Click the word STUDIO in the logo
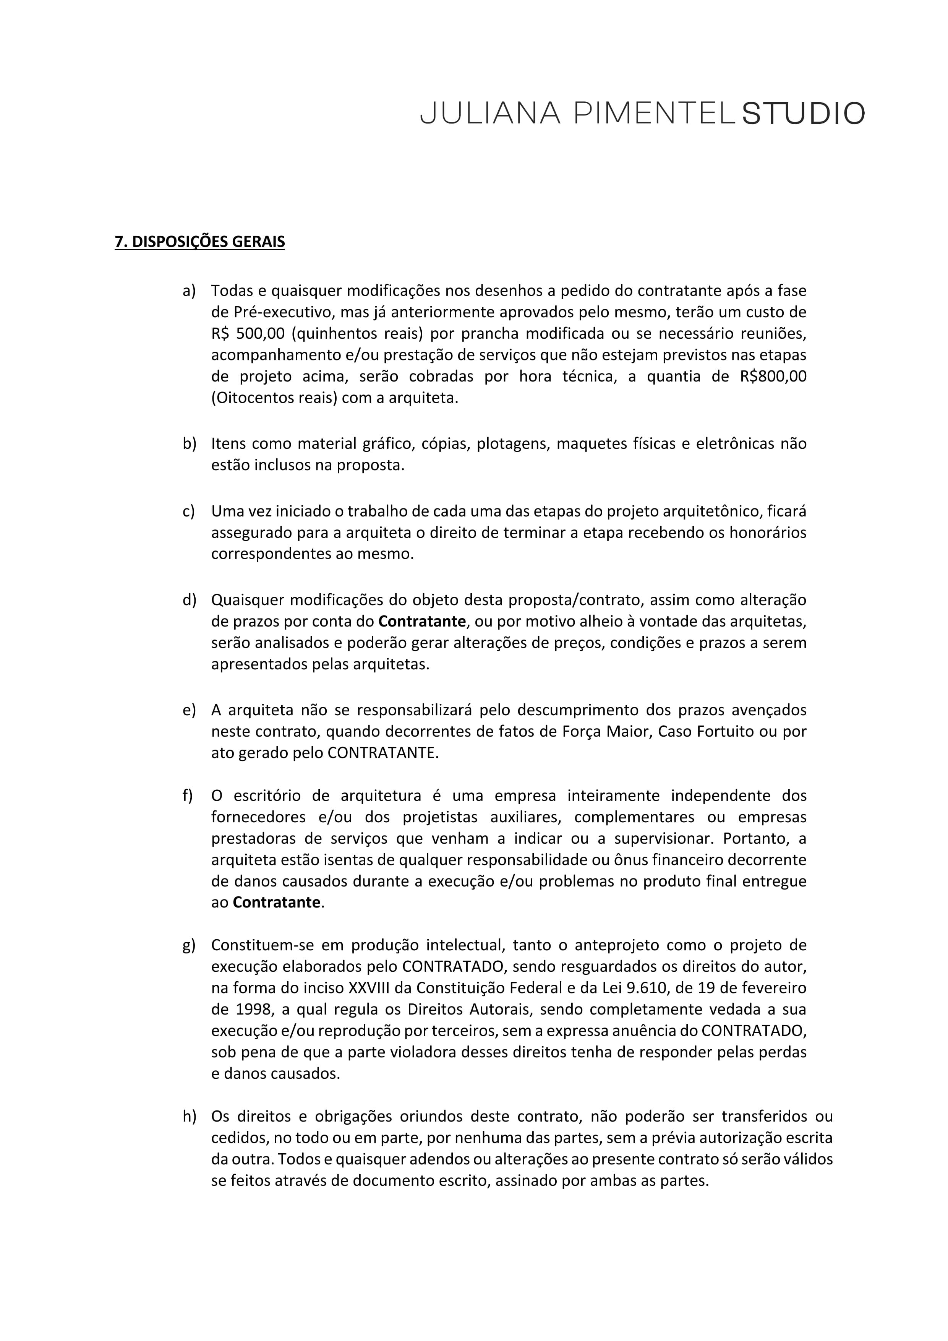click(803, 114)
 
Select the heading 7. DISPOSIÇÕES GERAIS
click(199, 242)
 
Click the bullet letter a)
click(189, 291)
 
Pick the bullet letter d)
click(189, 600)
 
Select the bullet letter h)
click(189, 1116)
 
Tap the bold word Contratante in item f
click(276, 903)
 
